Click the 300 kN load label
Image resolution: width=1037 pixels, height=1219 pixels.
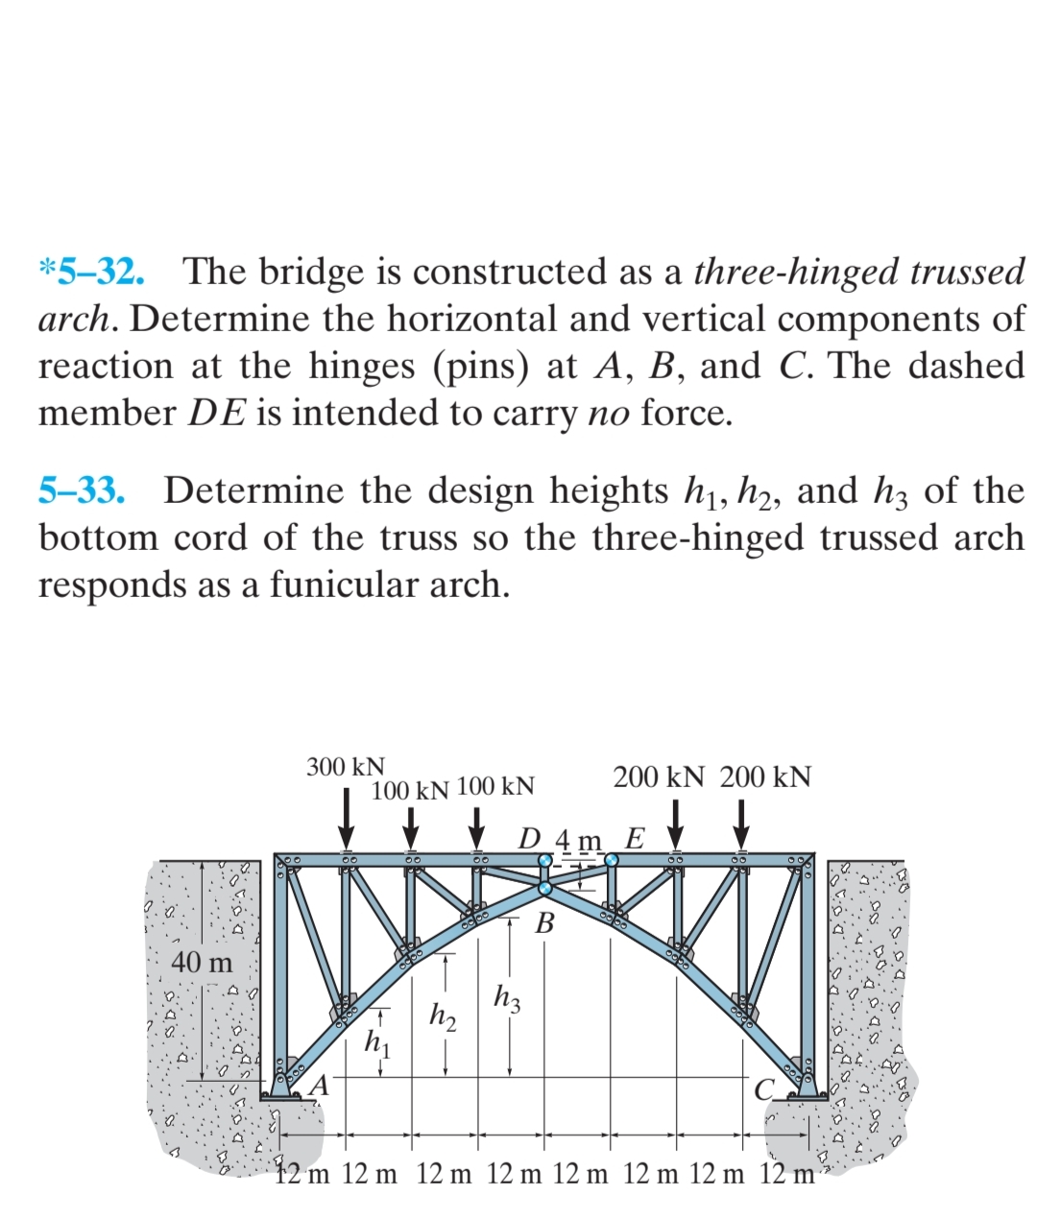point(346,767)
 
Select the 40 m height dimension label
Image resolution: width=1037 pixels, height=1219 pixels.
point(202,962)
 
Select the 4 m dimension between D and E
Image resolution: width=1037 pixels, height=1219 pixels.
point(579,841)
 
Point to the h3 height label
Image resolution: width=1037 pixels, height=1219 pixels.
point(508,998)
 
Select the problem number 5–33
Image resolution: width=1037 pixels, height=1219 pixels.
point(83,490)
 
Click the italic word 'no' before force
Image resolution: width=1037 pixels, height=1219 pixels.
point(609,413)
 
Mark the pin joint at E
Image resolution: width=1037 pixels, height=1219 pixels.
point(611,860)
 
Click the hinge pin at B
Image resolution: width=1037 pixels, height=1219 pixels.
point(545,888)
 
